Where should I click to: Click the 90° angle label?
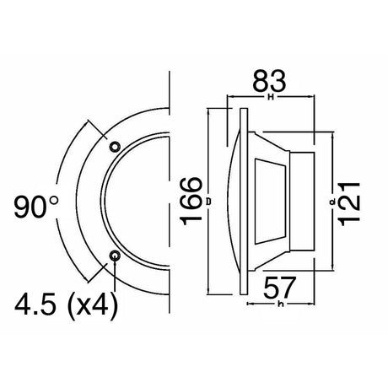37,205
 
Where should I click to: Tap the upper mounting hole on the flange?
116,147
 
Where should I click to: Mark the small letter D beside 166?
207,203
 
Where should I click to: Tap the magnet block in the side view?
302,202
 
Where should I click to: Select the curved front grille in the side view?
233,202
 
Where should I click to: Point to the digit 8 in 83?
257,81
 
